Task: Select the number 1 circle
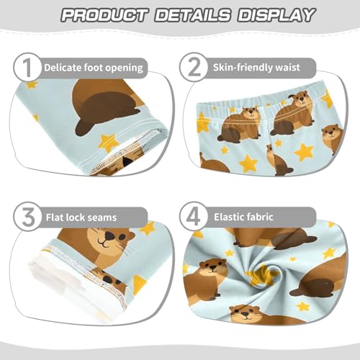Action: point(26,68)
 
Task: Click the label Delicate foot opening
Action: point(94,68)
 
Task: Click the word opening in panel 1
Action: point(124,68)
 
